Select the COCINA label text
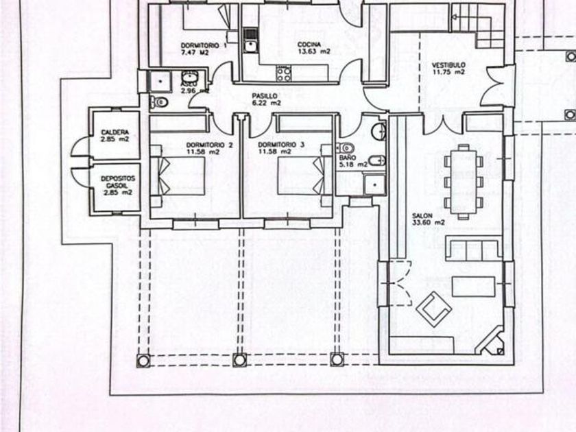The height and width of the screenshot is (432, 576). (308, 45)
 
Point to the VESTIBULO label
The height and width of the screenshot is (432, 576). (448, 65)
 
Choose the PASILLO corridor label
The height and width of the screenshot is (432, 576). (264, 97)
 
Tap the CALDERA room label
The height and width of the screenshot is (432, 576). (110, 132)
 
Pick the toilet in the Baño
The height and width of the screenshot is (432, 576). (346, 147)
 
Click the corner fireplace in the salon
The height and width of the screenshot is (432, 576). (492, 341)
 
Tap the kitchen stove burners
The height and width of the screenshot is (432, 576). (283, 70)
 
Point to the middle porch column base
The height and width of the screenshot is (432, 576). (239, 359)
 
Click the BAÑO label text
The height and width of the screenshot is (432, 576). (346, 158)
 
